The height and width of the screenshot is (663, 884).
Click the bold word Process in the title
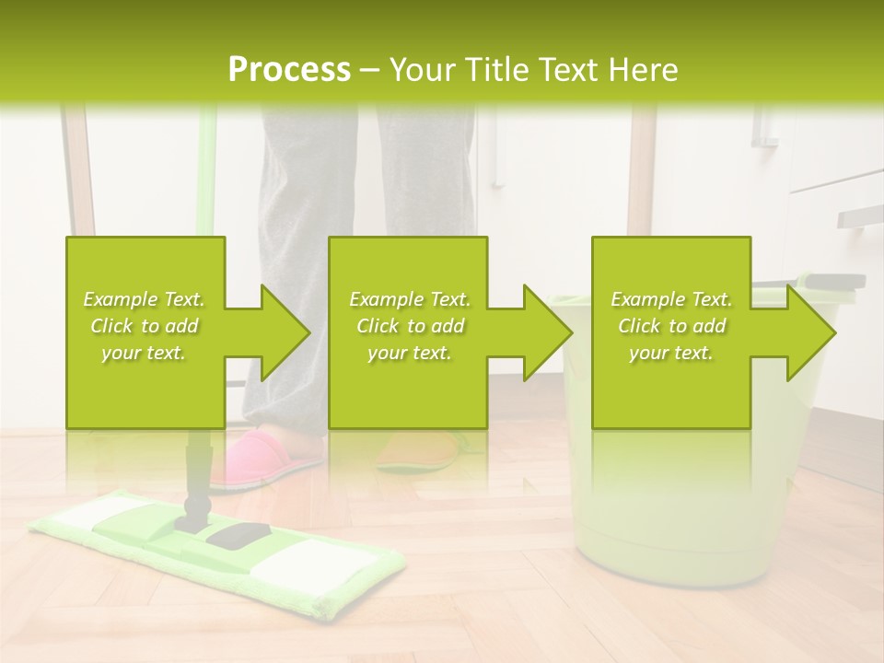click(289, 70)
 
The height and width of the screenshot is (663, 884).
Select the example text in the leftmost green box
click(144, 326)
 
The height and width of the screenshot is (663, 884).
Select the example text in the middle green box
click(409, 326)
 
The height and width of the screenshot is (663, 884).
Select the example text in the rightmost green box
click(670, 326)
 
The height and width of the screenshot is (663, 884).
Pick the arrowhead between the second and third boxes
click(544, 332)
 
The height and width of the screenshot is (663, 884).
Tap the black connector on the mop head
click(238, 533)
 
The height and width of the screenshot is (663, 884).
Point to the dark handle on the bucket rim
click(833, 281)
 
